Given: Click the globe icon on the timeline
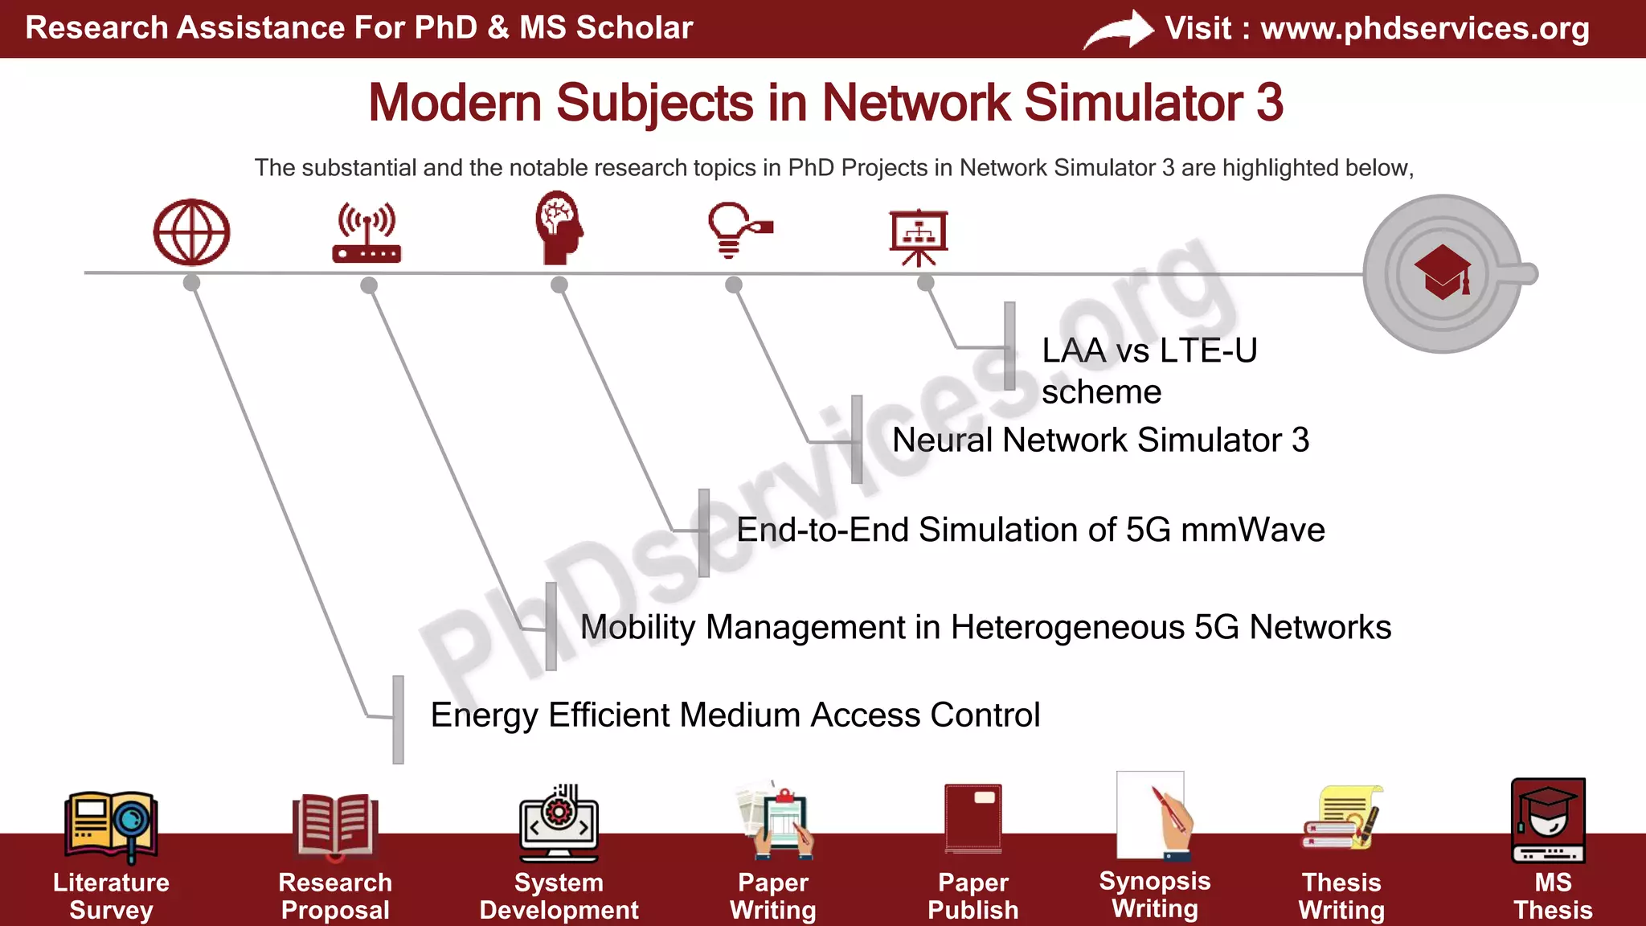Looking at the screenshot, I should coord(191,232).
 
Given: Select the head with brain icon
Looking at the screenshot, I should coord(559,228).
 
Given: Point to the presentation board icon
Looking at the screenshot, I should coord(919,236).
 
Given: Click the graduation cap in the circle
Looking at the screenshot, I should coord(1443,272).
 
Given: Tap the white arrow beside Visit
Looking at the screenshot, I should coord(1118,30).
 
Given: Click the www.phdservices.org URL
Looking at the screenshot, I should coord(1424,28).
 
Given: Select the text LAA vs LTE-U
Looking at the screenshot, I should coord(1149,351).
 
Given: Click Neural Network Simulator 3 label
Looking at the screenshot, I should coord(1100,440).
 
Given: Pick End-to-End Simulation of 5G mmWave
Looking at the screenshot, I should coord(1030,531).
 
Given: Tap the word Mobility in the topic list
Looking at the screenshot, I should coord(637,628).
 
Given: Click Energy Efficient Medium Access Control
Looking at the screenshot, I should coord(735,715).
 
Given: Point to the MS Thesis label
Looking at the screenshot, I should coord(1552,896).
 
